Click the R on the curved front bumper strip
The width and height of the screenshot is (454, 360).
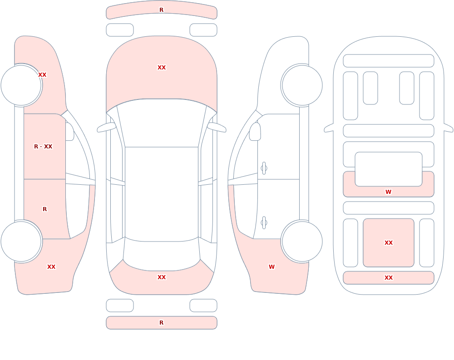(x=161, y=10)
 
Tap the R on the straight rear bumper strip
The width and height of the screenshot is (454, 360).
(x=161, y=323)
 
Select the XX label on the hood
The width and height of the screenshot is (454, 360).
(x=162, y=68)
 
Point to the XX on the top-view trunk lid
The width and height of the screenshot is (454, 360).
(x=162, y=277)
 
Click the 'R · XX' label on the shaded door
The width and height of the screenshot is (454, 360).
(x=43, y=147)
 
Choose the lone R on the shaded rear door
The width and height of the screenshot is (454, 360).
(x=44, y=209)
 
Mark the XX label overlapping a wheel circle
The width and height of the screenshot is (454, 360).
(x=42, y=75)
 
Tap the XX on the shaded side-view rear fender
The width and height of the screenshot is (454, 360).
(x=51, y=267)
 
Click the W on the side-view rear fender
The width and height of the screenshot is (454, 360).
(x=271, y=267)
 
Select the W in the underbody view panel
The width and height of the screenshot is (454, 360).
(x=388, y=192)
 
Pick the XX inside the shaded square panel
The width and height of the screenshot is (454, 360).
(x=389, y=243)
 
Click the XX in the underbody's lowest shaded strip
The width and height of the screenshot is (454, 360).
(x=389, y=278)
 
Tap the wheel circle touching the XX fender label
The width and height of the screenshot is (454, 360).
(x=21, y=85)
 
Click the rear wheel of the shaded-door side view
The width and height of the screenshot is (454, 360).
(x=21, y=241)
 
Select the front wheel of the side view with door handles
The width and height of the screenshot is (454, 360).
(x=302, y=85)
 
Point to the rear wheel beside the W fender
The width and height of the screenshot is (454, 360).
(x=302, y=241)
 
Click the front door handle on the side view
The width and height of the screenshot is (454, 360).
(x=264, y=168)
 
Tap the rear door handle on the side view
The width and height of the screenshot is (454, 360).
(x=264, y=223)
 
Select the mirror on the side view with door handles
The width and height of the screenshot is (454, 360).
(x=255, y=132)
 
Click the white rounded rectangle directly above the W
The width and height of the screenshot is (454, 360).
(x=389, y=169)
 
